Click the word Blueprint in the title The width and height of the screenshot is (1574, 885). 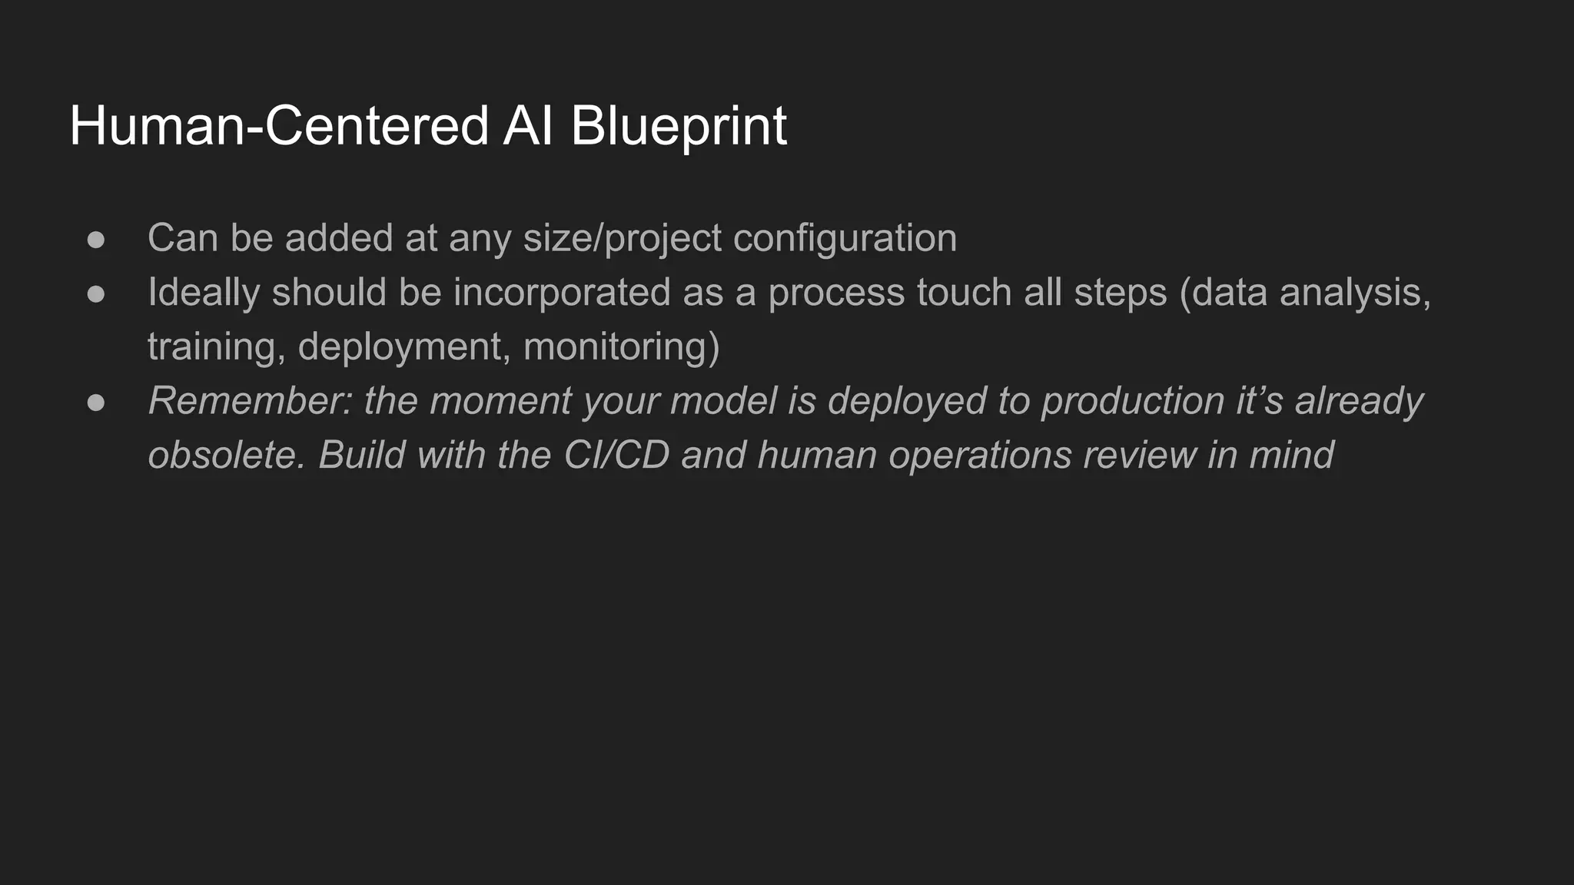click(x=678, y=126)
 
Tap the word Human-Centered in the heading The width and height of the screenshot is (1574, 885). click(x=279, y=126)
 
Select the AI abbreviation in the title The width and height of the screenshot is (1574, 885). click(x=529, y=126)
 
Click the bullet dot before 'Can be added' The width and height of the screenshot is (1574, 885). click(x=96, y=240)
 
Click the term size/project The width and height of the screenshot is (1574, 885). click(x=622, y=238)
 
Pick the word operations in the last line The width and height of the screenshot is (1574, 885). click(x=981, y=455)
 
